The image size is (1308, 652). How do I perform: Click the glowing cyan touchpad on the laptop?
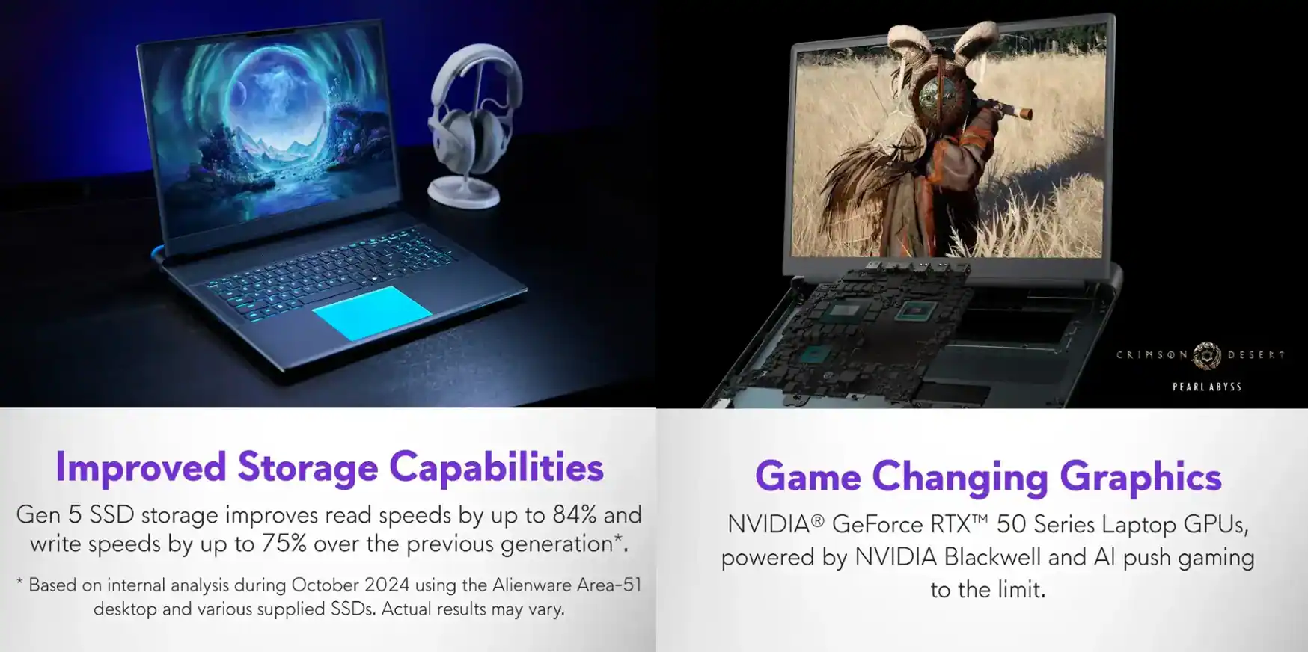tap(371, 313)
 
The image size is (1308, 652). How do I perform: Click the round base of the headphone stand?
tap(463, 193)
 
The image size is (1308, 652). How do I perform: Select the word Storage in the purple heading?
tap(308, 467)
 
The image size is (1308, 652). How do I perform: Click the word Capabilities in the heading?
tap(496, 467)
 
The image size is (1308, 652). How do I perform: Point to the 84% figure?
tap(575, 514)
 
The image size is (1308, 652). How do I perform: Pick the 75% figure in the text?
tap(284, 544)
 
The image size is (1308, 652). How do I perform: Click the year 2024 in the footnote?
tap(387, 585)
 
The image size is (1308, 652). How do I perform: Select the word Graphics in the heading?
tap(1140, 476)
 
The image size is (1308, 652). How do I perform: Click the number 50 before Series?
tap(1011, 524)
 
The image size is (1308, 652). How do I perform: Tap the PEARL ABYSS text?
tap(1206, 387)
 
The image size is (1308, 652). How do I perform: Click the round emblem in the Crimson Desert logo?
tap(1206, 356)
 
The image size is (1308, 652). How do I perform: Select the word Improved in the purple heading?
tap(141, 467)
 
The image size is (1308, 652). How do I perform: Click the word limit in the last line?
tap(1021, 589)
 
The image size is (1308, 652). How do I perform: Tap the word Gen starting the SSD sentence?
tap(39, 514)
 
